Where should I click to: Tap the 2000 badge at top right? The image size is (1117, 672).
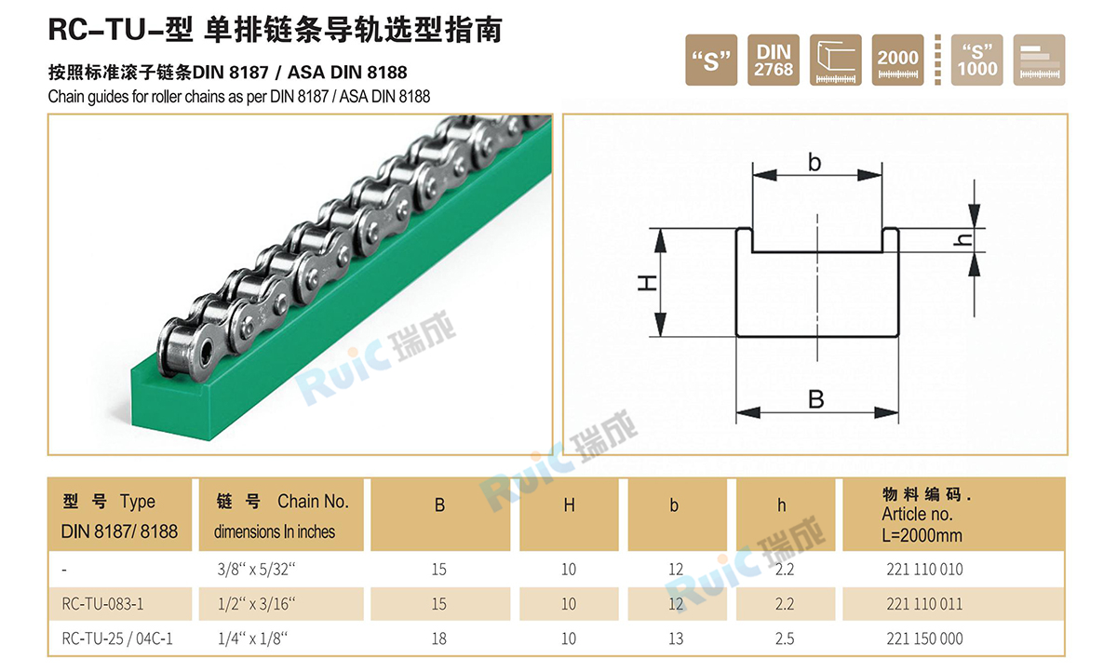coord(898,60)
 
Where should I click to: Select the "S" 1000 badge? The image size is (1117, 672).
coord(977,60)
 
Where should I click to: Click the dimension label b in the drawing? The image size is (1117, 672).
coord(814,163)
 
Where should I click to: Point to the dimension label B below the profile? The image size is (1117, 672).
coord(816,399)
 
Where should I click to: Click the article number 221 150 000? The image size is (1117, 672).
coord(924,638)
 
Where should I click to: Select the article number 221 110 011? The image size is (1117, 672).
coord(924,604)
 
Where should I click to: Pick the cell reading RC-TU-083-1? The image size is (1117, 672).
coord(102,604)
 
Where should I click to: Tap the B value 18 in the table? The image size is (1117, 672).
coord(439,638)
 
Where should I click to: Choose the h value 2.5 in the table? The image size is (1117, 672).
coord(784,638)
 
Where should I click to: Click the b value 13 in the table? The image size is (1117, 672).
coord(676,638)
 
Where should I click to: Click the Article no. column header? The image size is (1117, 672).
coord(924,515)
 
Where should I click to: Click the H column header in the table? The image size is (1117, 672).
coord(569,505)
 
